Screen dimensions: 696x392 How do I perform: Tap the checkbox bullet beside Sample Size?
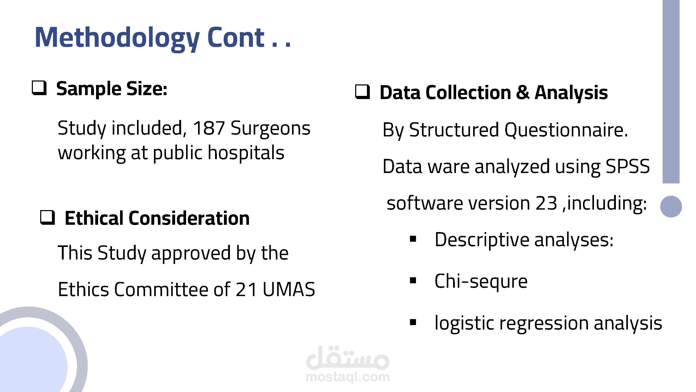39,88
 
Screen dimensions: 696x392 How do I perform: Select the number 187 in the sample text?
209,128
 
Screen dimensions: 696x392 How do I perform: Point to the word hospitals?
246,153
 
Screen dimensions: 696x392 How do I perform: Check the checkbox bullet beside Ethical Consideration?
47,217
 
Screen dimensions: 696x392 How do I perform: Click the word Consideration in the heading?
189,218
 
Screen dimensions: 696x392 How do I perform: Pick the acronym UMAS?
289,289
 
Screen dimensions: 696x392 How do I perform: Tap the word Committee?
161,289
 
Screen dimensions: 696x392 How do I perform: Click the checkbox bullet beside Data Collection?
362,91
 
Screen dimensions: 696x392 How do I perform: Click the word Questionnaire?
566,130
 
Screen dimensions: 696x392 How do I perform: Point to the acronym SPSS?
627,166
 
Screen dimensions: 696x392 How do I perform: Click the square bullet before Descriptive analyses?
413,239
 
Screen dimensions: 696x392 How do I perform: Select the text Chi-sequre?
481,281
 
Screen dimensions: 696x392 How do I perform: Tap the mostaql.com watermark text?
348,377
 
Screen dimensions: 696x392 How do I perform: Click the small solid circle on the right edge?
671,206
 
